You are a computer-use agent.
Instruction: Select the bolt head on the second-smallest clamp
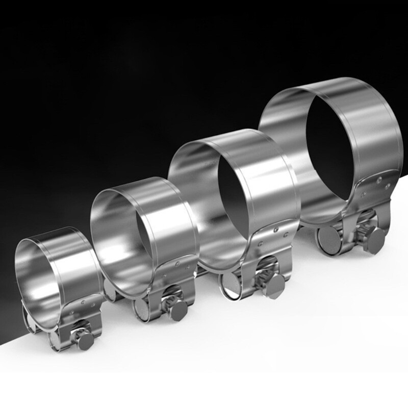point(178,310)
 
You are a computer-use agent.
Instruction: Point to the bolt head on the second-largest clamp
point(275,287)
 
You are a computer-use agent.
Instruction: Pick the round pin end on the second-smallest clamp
point(141,308)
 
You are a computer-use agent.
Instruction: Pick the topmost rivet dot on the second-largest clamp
point(275,229)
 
